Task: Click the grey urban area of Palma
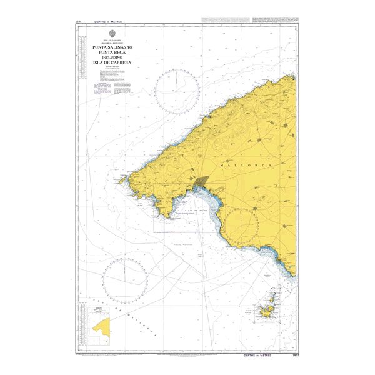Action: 202,182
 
